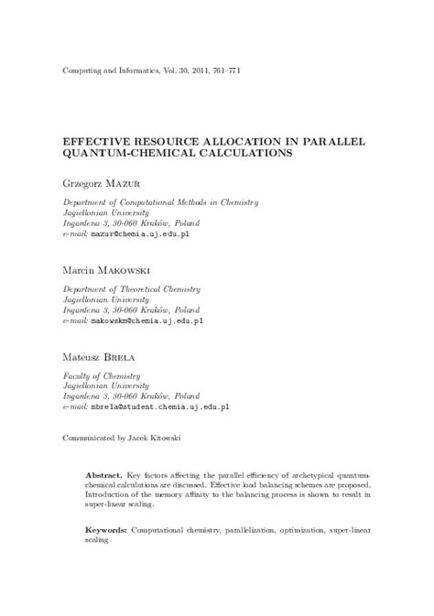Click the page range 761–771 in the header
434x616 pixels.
(224, 70)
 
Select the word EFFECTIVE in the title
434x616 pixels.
(95, 144)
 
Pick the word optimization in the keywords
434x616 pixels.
(320, 530)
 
